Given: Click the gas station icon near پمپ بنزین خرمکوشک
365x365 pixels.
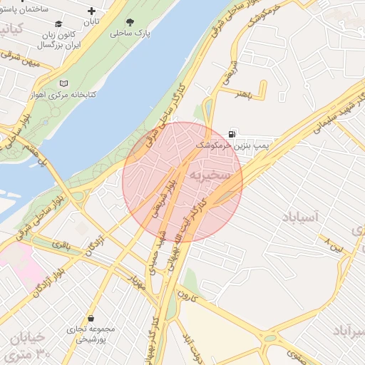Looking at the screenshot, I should tap(232, 133).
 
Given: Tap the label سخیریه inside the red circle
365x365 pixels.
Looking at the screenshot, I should tap(209, 174).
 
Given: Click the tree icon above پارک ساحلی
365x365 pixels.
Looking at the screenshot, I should tap(129, 21).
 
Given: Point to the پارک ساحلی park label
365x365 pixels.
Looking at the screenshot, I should tap(129, 33).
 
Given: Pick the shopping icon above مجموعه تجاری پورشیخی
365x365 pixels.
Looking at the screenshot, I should tap(91, 319).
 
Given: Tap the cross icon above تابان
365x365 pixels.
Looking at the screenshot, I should tap(91, 11).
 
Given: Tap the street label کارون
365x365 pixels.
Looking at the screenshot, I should tap(186, 294).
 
